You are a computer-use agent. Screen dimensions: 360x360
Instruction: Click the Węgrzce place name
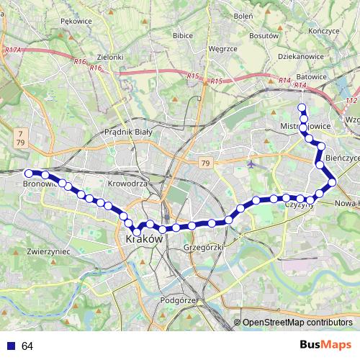click(x=222, y=48)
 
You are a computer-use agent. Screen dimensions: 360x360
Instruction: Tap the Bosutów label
click(x=264, y=35)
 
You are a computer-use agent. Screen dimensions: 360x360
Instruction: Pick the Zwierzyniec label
click(x=47, y=252)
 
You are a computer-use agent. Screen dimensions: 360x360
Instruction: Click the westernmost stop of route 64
click(x=29, y=174)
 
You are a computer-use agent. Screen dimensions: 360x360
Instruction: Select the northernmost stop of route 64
click(x=302, y=108)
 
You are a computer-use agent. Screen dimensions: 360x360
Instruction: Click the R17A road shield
click(x=13, y=50)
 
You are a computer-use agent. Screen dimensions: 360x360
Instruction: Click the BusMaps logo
click(x=325, y=346)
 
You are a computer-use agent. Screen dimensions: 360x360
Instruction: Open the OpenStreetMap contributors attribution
click(x=297, y=323)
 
